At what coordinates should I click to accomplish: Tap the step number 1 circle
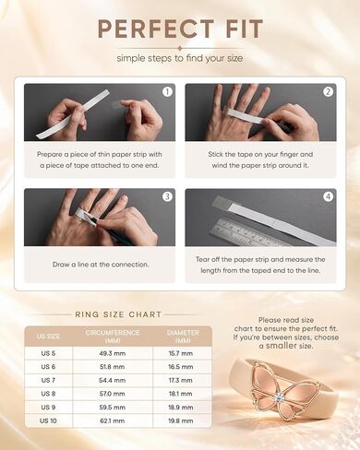pos(167,91)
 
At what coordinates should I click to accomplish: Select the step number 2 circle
pos(329,91)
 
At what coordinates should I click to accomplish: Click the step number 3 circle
pos(167,196)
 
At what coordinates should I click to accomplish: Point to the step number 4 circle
pos(329,196)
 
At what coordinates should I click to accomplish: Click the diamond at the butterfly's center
pos(280,397)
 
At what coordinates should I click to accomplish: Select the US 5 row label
pos(48,353)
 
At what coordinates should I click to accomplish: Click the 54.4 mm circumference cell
pos(113,380)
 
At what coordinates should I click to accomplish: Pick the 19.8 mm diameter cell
pos(181,420)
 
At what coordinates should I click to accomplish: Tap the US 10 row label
pos(48,420)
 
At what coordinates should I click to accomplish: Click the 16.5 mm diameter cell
pos(181,367)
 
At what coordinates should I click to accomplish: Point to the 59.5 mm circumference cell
pos(113,408)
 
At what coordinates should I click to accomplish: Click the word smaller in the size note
pos(282,346)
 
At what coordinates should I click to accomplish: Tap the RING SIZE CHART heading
pos(118,314)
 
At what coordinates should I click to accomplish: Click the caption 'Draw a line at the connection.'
pos(101,265)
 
